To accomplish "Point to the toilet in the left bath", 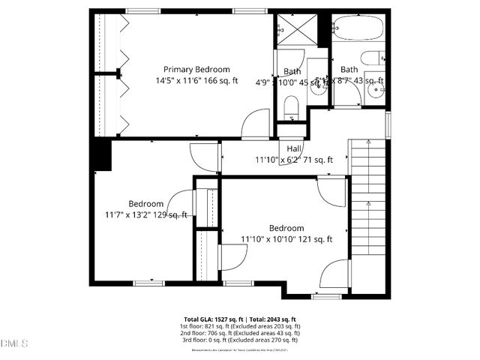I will tap(290, 112).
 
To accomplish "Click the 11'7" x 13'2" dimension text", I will tap(145, 214).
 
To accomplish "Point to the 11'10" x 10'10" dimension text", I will tap(286, 239).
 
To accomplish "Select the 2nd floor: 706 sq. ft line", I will tap(240, 333).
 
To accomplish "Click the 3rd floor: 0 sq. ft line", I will tap(240, 340).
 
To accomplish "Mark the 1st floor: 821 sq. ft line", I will tap(240, 326).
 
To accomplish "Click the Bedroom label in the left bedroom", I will tap(145, 203).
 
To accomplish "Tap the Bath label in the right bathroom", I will tap(349, 70).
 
